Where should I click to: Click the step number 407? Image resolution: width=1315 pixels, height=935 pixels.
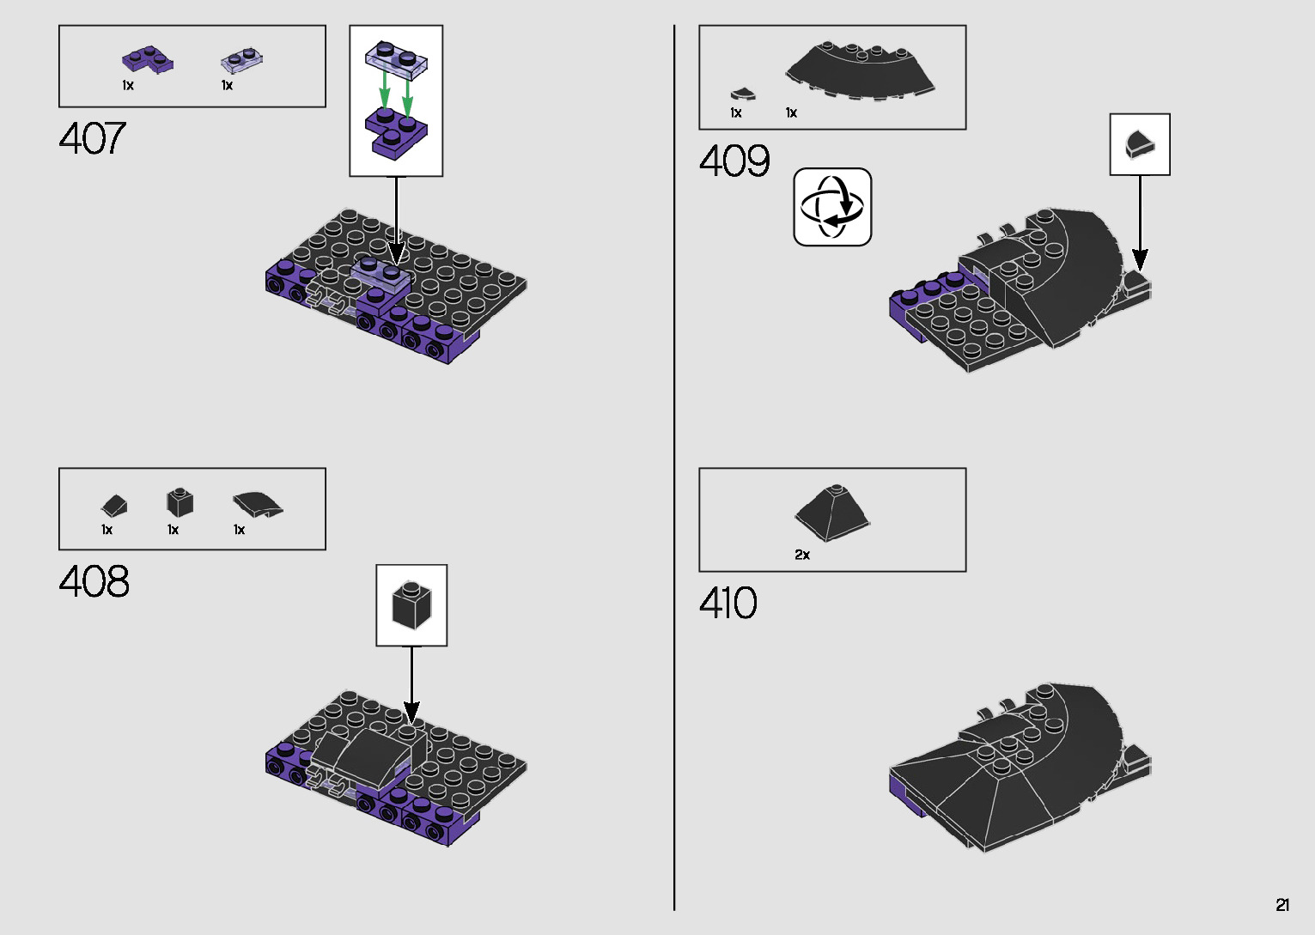93,138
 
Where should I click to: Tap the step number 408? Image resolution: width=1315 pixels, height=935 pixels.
94,581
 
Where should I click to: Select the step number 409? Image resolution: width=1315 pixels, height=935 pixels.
734,161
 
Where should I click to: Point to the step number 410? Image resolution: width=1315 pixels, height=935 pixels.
728,603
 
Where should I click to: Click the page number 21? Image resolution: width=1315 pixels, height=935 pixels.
1282,905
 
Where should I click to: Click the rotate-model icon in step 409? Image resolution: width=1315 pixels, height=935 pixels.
832,207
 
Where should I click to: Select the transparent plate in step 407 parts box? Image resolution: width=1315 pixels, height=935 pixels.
242,59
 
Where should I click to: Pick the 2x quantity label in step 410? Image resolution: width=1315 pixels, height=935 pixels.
802,555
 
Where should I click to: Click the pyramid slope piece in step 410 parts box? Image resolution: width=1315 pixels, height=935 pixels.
831,513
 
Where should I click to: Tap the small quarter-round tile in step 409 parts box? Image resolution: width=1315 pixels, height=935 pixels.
741,94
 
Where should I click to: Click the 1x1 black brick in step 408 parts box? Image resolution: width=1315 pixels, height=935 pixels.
180,502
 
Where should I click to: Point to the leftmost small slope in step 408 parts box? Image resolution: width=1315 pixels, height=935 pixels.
114,505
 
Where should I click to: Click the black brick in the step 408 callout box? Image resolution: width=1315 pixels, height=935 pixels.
411,604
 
